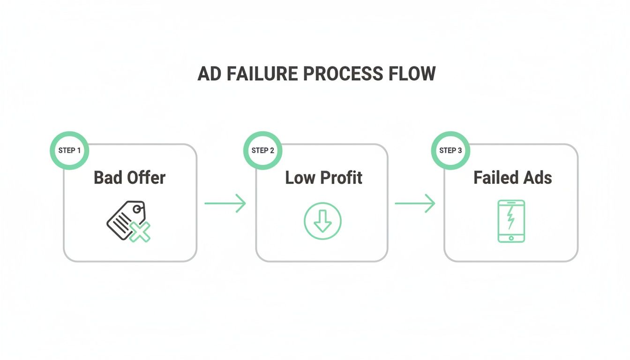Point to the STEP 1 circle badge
click(x=69, y=150)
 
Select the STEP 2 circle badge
click(x=262, y=150)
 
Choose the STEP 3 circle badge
click(x=450, y=150)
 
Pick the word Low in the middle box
click(x=300, y=178)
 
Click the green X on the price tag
click(x=140, y=232)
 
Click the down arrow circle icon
click(x=322, y=221)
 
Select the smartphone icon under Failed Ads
click(x=511, y=221)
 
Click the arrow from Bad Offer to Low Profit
click(x=225, y=203)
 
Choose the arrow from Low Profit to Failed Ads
click(x=415, y=203)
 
